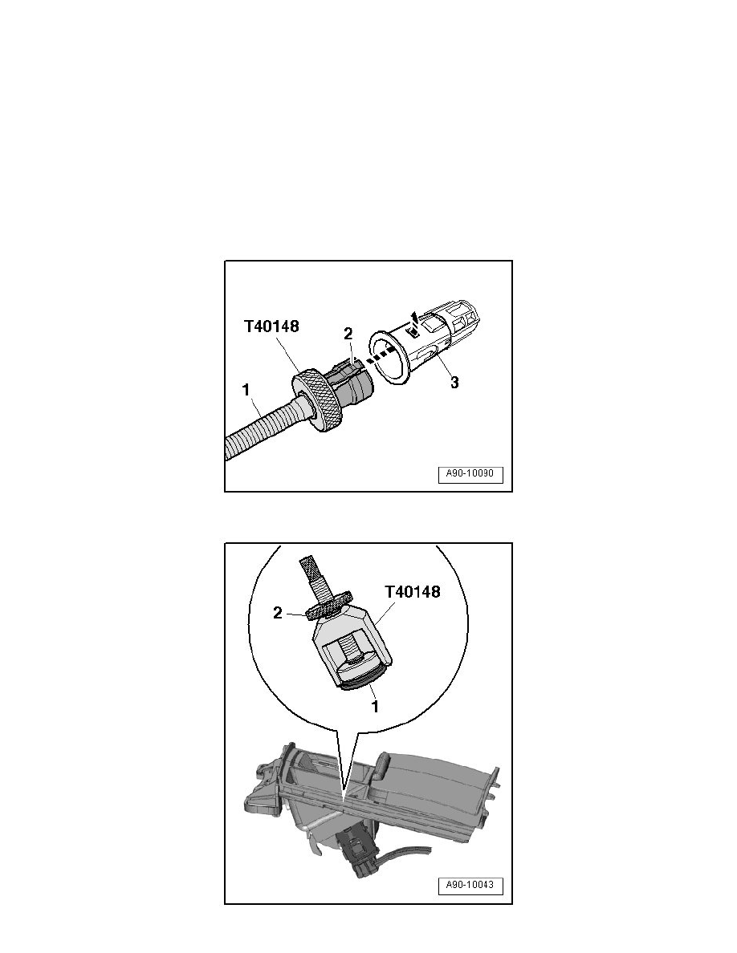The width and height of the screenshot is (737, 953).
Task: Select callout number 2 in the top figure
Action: pos(349,333)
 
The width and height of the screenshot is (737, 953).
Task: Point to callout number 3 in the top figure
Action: pos(454,383)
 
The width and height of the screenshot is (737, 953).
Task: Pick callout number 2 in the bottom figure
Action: pos(277,614)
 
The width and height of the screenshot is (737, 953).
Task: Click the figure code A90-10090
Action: pos(470,476)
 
